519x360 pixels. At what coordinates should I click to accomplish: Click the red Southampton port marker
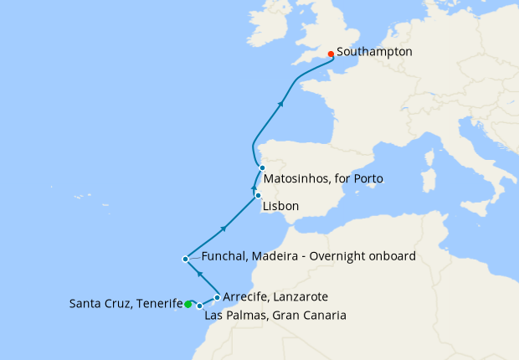tap(331, 54)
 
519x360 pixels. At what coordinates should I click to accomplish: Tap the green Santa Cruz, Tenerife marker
tap(188, 304)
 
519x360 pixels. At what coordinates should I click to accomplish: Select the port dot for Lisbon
tap(258, 195)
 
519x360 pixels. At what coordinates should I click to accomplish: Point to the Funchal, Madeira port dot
tap(185, 259)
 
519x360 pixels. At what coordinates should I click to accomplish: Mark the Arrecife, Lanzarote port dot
tap(218, 296)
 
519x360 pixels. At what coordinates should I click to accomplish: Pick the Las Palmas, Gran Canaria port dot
tap(199, 306)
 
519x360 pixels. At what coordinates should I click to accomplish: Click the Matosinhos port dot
tap(262, 167)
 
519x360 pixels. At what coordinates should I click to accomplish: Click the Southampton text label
tap(374, 52)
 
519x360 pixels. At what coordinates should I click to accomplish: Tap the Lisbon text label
tap(280, 205)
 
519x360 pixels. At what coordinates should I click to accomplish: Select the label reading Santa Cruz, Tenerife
tap(126, 304)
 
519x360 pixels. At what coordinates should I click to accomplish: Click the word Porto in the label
tap(371, 179)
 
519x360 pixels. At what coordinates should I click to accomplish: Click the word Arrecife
tap(246, 296)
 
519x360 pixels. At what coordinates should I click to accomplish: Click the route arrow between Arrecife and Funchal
tap(199, 273)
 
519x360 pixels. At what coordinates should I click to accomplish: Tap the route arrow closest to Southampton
tap(281, 103)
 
